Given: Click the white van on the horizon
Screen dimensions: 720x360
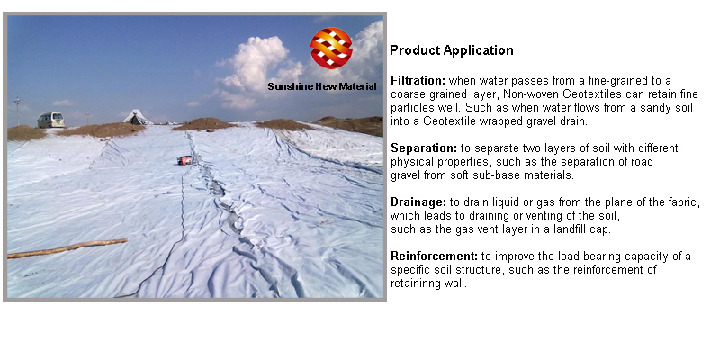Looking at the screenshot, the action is [51, 120].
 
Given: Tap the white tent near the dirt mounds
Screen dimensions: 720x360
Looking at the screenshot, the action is [137, 117].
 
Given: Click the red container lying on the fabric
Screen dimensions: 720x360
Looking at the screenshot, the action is [185, 160].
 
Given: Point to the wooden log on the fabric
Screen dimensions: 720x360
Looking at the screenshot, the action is [67, 248].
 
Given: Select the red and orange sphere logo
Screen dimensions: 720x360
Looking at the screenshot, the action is [331, 49].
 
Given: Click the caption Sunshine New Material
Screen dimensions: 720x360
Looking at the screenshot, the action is [322, 86].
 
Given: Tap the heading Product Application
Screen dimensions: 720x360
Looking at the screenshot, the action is [452, 50].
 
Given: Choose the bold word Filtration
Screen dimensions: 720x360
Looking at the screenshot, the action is [418, 81].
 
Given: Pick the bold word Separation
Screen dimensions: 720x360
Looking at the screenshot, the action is [424, 148].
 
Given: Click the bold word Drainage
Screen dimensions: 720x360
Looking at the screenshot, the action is [418, 202].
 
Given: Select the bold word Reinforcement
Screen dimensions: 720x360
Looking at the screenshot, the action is [434, 256].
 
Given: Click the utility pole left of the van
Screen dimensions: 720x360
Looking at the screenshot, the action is [18, 112].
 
